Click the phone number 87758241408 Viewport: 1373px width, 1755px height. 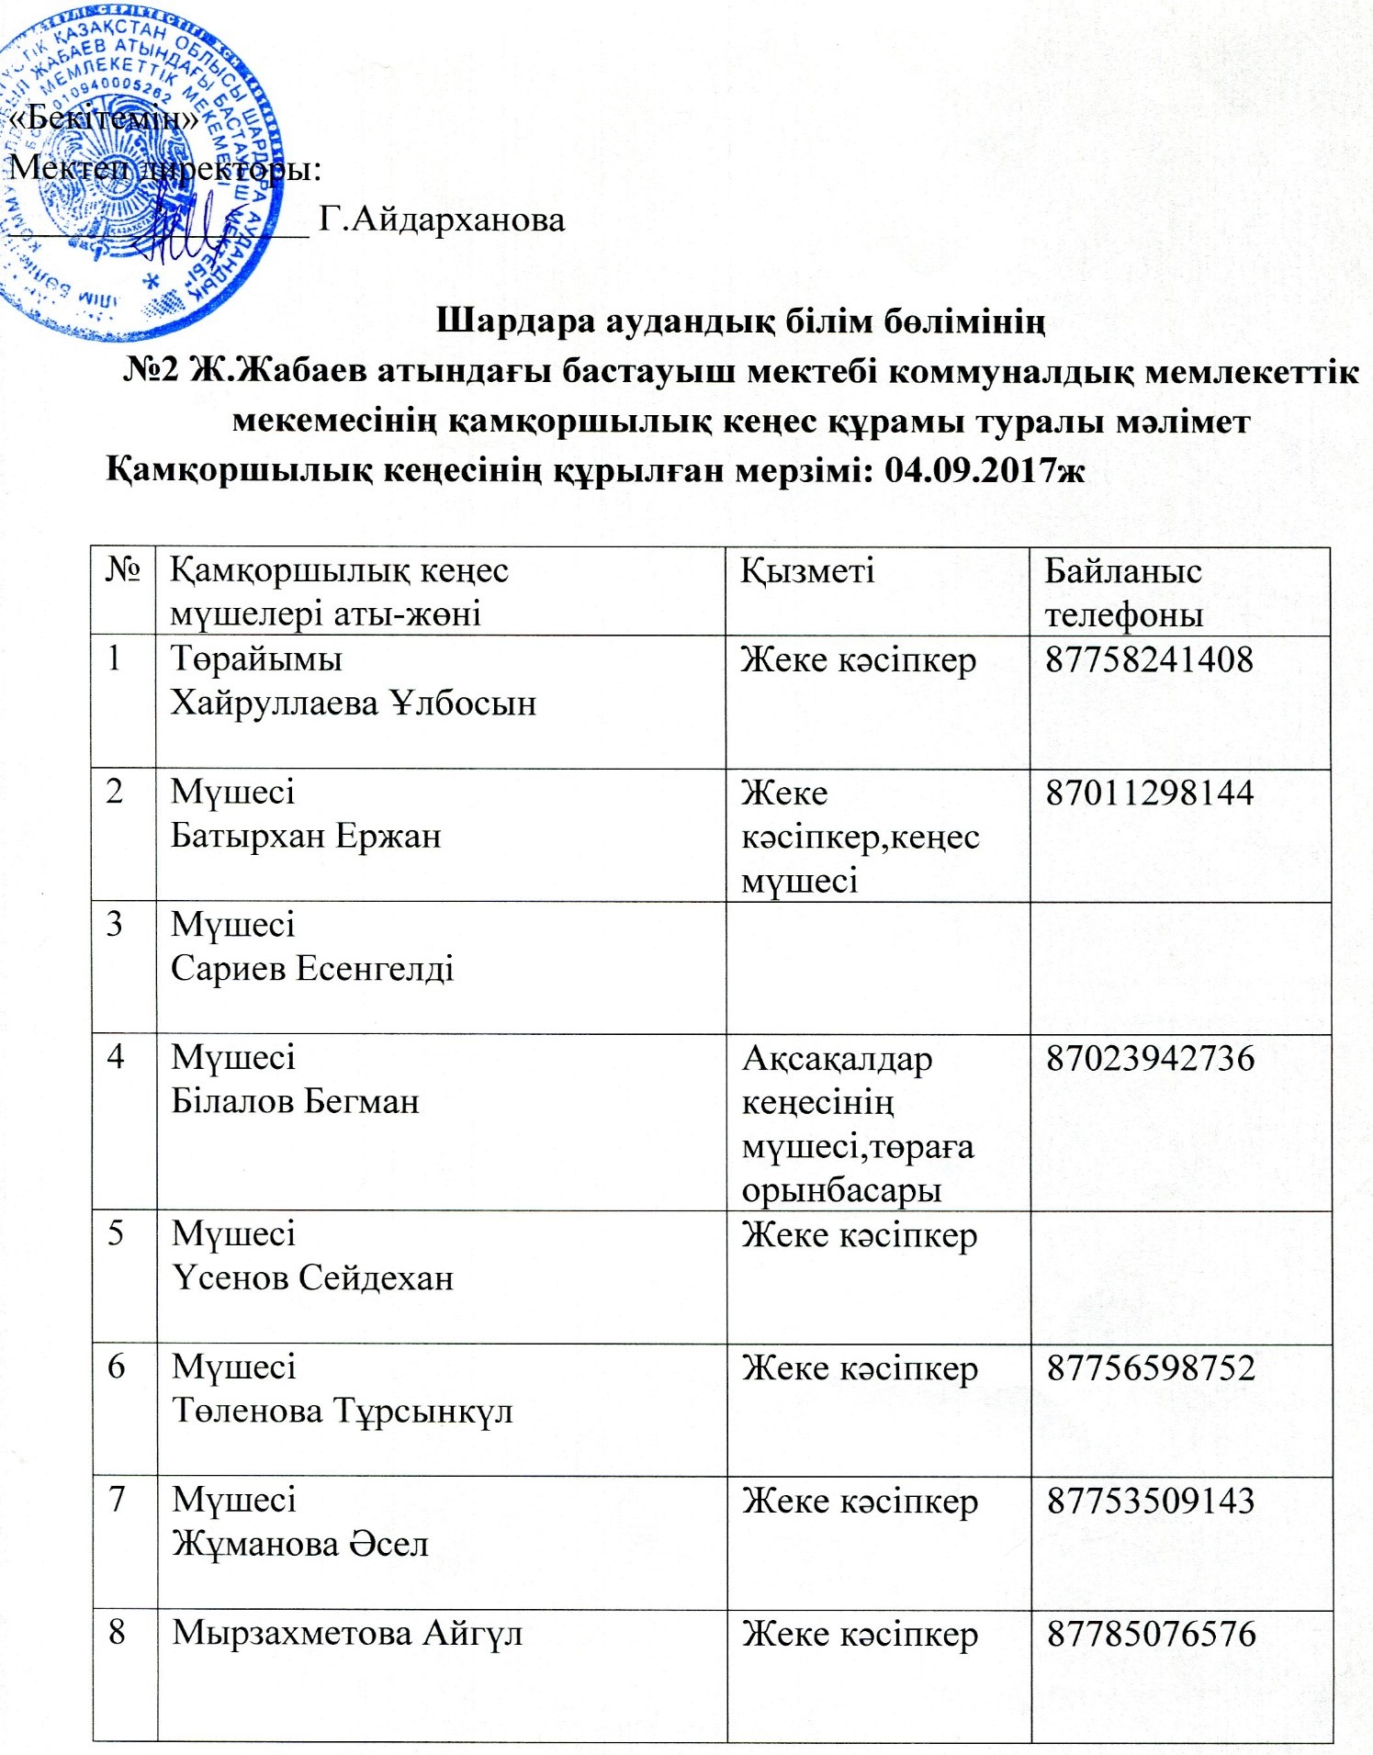[x=1149, y=660]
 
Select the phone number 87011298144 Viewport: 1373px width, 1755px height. [x=1149, y=792]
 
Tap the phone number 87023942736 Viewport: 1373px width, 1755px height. [x=1150, y=1058]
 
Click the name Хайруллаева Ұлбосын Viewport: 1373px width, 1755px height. [x=354, y=703]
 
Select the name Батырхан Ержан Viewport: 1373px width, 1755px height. [x=306, y=837]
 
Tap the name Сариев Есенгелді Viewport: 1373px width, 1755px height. [x=312, y=969]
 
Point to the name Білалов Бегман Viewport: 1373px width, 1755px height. [x=295, y=1101]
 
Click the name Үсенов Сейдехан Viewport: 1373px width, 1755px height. [x=312, y=1277]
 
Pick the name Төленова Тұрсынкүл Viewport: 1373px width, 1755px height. [x=342, y=1411]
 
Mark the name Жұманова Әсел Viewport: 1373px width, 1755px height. [x=300, y=1544]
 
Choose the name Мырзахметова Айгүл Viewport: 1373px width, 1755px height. [x=347, y=1634]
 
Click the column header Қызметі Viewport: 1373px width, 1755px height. [x=807, y=571]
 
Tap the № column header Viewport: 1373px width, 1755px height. [x=123, y=571]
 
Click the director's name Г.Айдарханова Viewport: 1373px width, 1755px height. [x=442, y=219]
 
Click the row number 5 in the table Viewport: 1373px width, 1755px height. [x=116, y=1232]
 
